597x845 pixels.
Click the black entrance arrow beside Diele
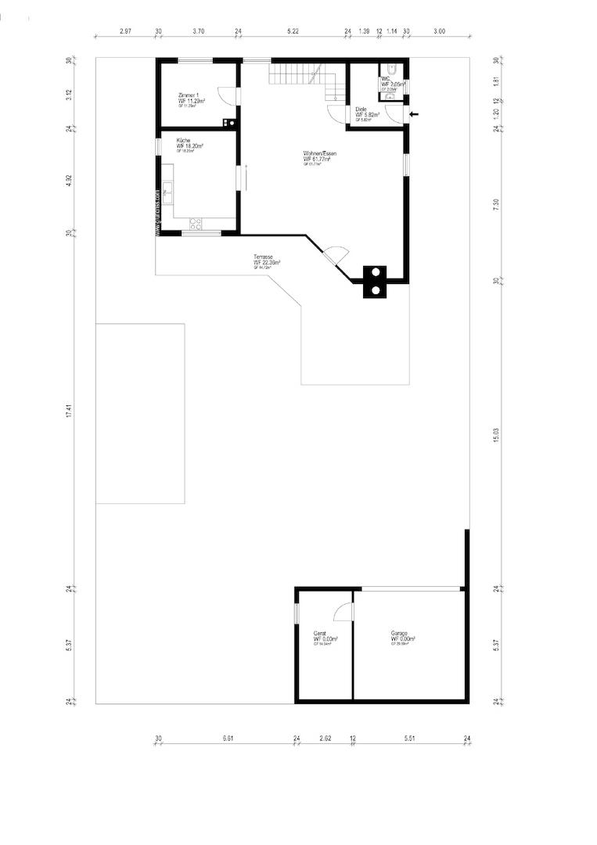(415, 114)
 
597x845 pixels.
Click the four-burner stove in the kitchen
(195, 224)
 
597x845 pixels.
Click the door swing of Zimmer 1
(225, 95)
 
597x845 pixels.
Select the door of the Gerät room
(342, 613)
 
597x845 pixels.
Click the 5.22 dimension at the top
(293, 31)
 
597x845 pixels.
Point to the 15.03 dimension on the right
(496, 435)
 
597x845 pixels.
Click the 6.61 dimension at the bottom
(228, 738)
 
